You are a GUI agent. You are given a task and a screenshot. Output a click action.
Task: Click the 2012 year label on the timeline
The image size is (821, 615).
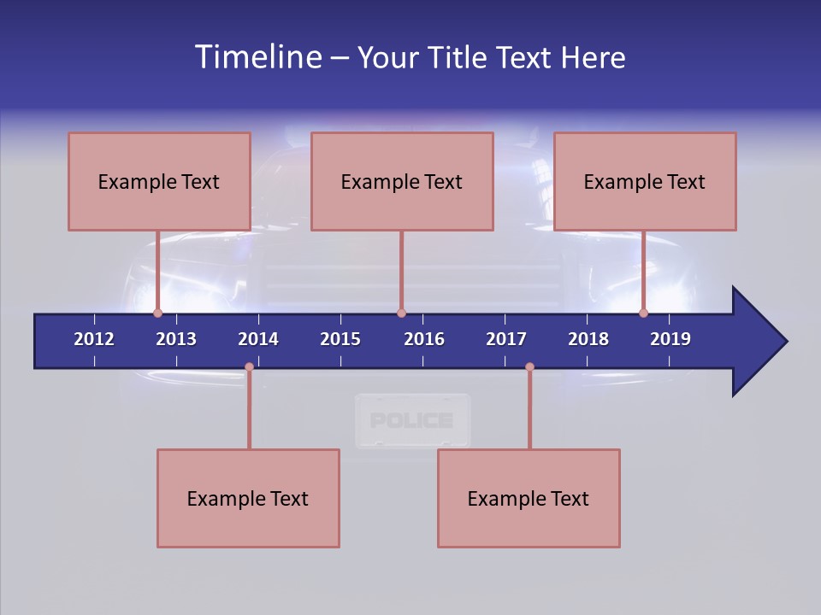coord(94,339)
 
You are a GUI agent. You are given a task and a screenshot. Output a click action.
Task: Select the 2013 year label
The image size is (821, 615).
coord(176,339)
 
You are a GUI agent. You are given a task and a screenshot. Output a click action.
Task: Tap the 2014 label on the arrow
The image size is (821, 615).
coord(258,339)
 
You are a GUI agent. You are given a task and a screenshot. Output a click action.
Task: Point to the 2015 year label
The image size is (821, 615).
coord(340,339)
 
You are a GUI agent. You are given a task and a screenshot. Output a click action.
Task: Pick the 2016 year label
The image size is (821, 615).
coord(424,339)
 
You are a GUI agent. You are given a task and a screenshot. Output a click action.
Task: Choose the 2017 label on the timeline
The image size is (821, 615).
coord(506,339)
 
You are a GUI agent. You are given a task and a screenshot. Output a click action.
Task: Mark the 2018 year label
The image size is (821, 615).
coord(588,339)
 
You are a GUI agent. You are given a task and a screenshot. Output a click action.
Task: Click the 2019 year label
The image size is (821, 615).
coord(670,339)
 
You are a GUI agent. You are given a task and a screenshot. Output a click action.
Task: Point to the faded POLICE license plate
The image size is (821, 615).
coord(412,420)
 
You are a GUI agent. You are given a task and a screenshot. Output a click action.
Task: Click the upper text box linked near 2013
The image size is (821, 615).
coord(159,181)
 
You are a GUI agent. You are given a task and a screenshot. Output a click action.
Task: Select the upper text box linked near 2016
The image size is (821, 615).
coord(402,181)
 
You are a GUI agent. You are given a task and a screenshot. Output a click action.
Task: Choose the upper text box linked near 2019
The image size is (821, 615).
coord(645,181)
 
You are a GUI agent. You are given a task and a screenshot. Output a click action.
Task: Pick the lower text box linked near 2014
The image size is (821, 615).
coord(248,498)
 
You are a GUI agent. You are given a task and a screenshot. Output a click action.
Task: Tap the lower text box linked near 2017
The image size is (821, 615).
coord(529,498)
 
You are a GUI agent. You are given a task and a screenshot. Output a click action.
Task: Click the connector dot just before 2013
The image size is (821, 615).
coord(157,313)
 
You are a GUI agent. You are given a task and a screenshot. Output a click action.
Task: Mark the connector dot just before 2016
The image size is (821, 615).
coord(401,313)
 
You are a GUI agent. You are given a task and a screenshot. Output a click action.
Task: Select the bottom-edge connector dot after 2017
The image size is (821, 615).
coord(529,367)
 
